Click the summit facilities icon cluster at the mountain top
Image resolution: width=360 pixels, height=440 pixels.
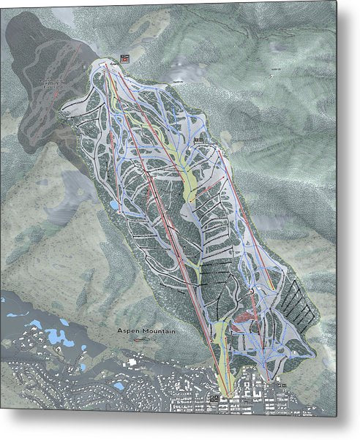click(x=125, y=58)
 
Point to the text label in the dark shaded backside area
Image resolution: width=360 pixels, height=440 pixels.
click(x=48, y=85)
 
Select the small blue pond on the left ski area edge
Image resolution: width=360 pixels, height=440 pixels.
click(x=115, y=205)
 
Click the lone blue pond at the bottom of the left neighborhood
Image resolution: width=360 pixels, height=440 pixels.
click(x=119, y=385)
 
